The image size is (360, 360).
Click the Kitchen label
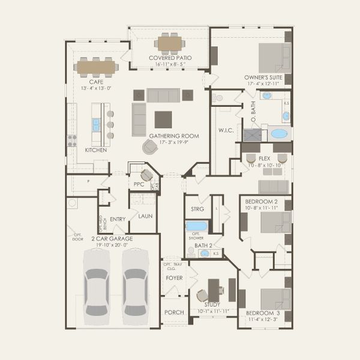tap(96, 150)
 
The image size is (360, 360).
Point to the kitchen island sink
tap(96, 124)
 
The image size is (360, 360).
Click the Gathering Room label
tap(174, 136)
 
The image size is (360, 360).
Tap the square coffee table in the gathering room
tap(163, 118)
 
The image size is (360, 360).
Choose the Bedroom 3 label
tap(263, 313)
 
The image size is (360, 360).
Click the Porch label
tap(174, 312)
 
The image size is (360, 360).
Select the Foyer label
tap(174, 278)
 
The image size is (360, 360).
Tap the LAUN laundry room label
tap(146, 216)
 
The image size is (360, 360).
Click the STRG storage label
tap(198, 209)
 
